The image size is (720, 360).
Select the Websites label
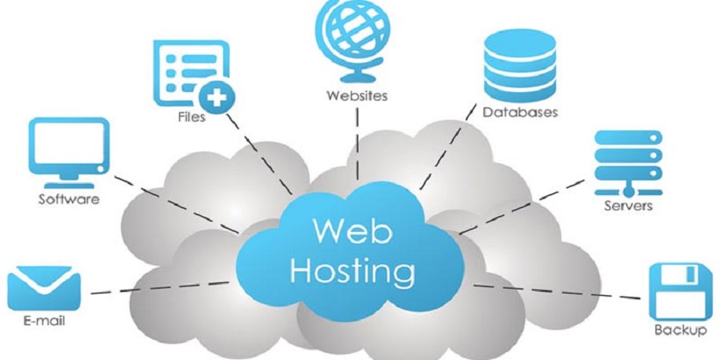tap(357, 96)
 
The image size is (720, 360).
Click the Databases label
tap(520, 113)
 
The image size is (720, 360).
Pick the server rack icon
tap(628, 163)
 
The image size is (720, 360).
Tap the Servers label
tap(628, 206)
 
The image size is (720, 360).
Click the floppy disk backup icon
tap(674, 292)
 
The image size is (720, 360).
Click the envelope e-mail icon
tap(44, 287)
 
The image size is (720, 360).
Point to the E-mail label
tap(44, 321)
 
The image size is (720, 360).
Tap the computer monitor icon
tap(69, 153)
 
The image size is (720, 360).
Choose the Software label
tap(69, 200)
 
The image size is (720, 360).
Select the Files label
tap(191, 117)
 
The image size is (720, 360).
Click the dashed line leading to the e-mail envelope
tap(159, 288)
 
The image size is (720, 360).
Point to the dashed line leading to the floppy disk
tap(557, 291)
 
